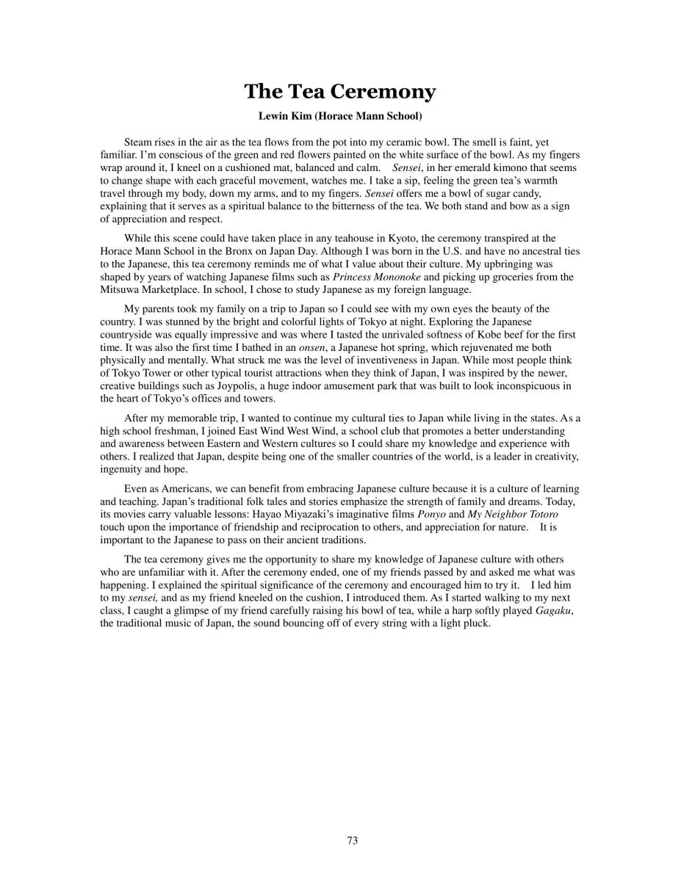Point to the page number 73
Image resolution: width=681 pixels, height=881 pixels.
pyautogui.click(x=353, y=841)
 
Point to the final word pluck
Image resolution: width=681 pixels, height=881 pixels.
pyautogui.click(x=475, y=623)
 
